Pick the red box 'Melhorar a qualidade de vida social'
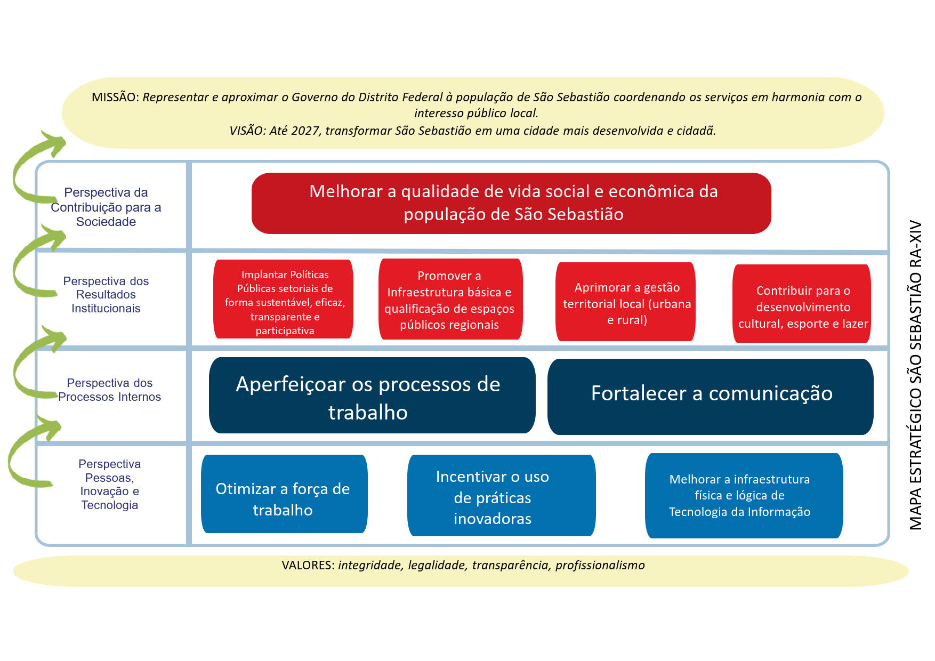click(x=511, y=203)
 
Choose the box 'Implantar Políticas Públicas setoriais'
click(x=284, y=300)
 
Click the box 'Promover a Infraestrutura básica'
click(x=450, y=300)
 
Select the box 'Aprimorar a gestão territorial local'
click(x=626, y=302)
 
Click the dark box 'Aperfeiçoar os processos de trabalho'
click(x=372, y=396)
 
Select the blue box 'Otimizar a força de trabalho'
click(x=284, y=494)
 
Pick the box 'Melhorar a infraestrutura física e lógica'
click(x=743, y=496)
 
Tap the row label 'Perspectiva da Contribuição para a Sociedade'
click(x=106, y=207)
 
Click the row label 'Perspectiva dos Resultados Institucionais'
click(x=106, y=294)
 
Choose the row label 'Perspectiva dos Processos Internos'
click(x=109, y=390)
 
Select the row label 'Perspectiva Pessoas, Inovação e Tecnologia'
click(x=109, y=484)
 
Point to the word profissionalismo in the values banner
click(x=600, y=565)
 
